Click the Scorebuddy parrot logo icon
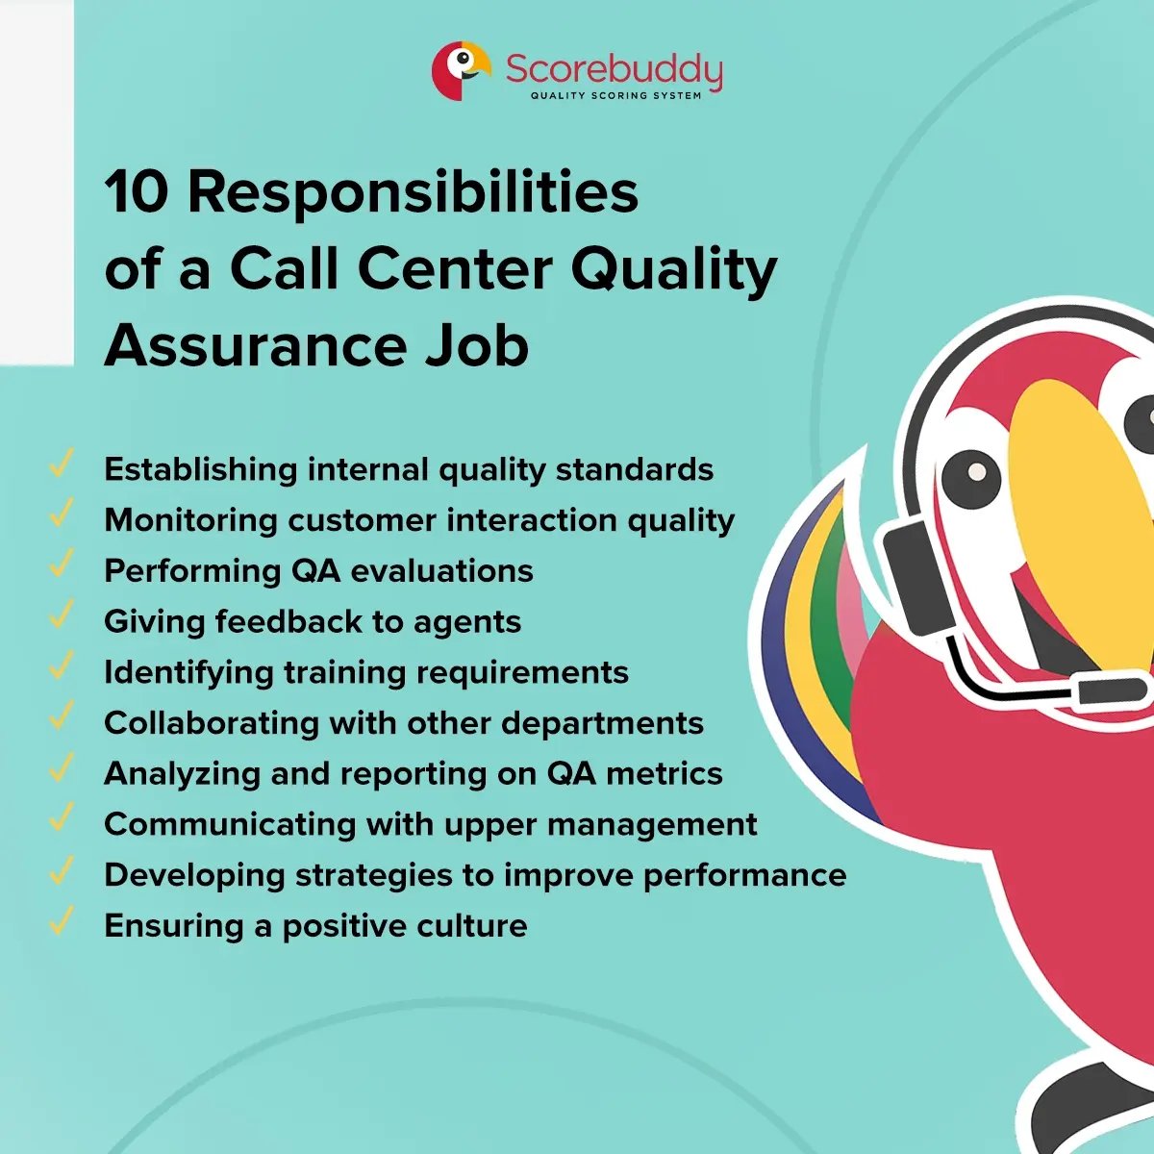click(460, 70)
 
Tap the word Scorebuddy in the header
click(614, 69)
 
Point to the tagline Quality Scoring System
click(615, 96)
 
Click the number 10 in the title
click(137, 191)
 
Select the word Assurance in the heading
click(256, 345)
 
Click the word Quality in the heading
click(673, 270)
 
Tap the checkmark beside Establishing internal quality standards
click(61, 464)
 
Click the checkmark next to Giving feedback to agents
click(61, 616)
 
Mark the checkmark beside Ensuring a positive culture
click(61, 920)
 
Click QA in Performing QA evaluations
click(315, 570)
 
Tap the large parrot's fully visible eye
click(972, 473)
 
